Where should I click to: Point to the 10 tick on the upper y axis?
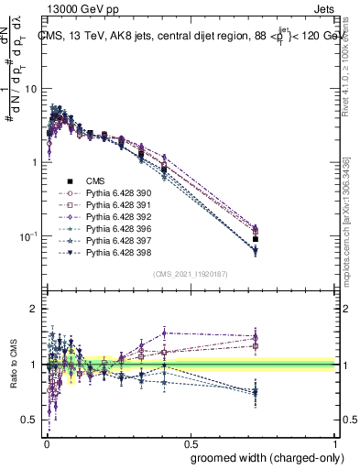click(33, 89)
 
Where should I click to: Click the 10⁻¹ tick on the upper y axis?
click(31, 236)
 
